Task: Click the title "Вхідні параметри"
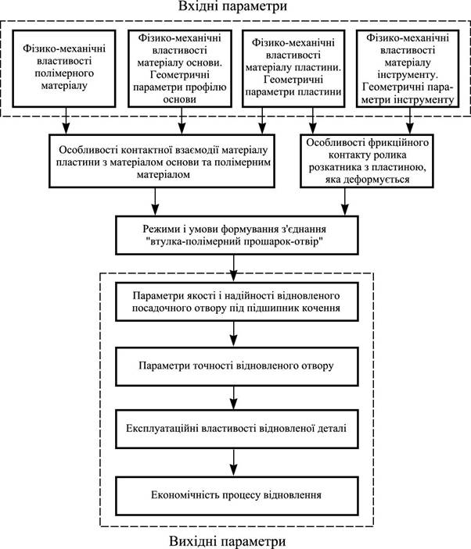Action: [x=232, y=6]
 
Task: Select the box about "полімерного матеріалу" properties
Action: [x=64, y=69]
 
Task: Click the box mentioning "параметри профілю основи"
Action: [x=180, y=69]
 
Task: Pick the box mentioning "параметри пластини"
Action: [x=293, y=69]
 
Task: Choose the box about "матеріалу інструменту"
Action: [x=408, y=69]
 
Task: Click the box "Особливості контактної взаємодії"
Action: [x=162, y=161]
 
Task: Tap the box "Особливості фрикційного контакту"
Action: [x=367, y=161]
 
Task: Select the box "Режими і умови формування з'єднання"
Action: [x=237, y=235]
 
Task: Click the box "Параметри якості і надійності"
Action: [x=237, y=301]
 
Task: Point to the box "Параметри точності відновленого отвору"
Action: [x=237, y=366]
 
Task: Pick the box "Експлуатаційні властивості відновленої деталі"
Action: [x=237, y=429]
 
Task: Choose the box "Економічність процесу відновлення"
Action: [x=237, y=496]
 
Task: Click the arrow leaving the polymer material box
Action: [x=66, y=121]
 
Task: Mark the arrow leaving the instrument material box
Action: [x=410, y=121]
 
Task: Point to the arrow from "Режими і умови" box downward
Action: [x=234, y=269]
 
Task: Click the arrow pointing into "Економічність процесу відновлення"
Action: [x=234, y=462]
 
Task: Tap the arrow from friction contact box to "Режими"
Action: [x=345, y=201]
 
